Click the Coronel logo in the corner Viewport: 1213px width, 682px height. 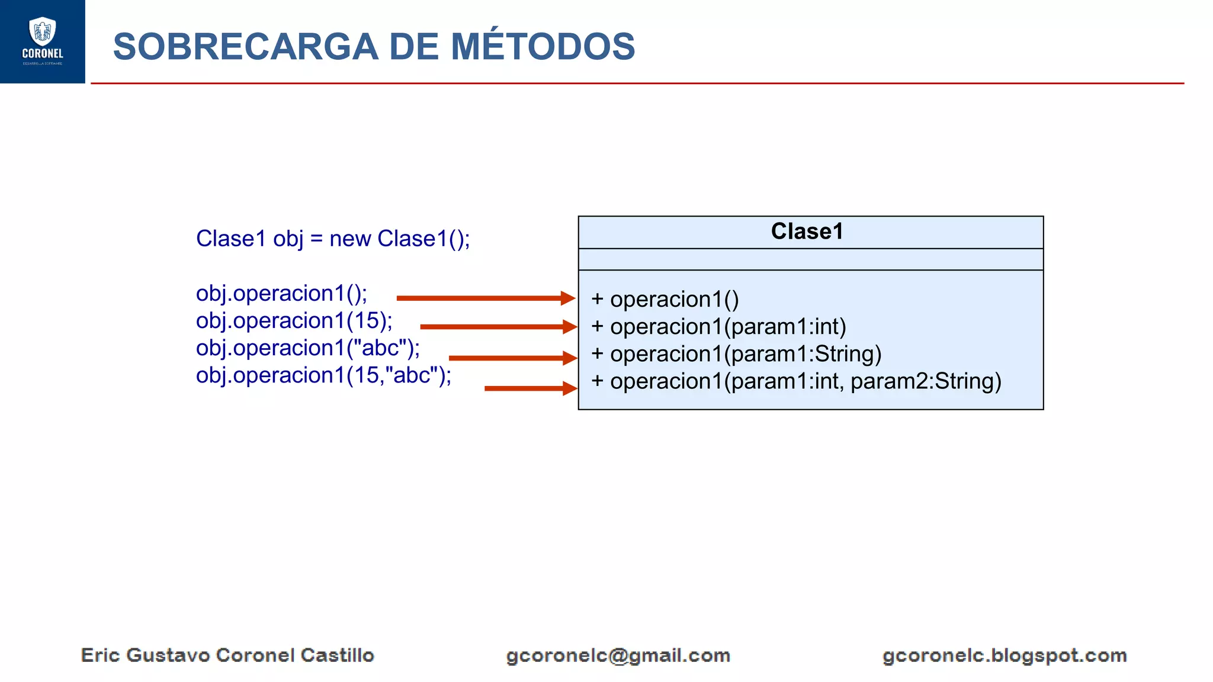click(42, 41)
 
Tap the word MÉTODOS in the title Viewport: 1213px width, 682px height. click(543, 47)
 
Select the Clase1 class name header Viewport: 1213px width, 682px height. click(807, 231)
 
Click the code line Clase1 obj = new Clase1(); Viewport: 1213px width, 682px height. click(333, 239)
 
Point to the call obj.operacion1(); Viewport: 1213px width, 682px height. click(281, 294)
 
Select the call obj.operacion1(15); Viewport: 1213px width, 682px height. click(294, 321)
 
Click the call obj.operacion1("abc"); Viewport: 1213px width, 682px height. click(308, 348)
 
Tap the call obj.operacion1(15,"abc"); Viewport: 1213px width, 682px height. click(323, 375)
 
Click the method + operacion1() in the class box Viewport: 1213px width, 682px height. click(665, 300)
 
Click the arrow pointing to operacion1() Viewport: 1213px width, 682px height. click(486, 298)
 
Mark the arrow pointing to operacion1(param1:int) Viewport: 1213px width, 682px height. click(498, 326)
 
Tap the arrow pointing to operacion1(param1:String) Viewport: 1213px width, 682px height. click(513, 358)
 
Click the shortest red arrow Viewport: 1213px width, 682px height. click(531, 388)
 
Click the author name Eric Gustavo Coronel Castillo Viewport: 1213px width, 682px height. click(227, 655)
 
